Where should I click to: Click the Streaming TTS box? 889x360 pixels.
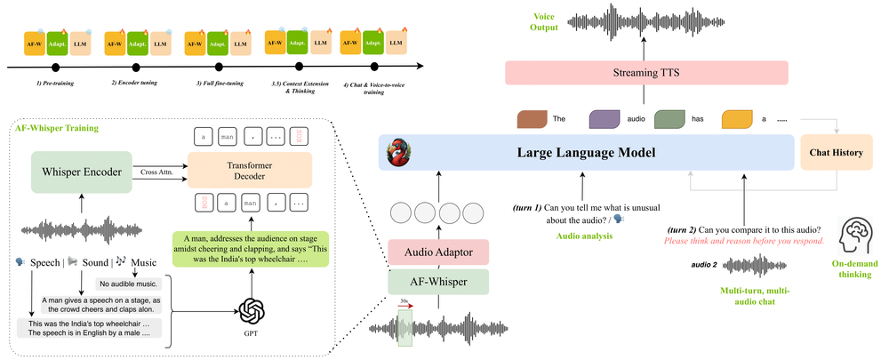click(x=647, y=73)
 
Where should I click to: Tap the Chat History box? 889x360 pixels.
click(x=836, y=153)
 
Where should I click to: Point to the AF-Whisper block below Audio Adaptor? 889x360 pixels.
click(x=437, y=282)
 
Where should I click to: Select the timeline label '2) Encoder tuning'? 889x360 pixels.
click(x=137, y=83)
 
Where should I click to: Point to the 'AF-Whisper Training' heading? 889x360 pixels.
click(x=59, y=128)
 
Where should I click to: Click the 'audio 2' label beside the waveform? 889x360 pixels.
click(x=705, y=264)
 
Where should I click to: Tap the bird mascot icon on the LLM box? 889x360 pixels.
click(x=396, y=153)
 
